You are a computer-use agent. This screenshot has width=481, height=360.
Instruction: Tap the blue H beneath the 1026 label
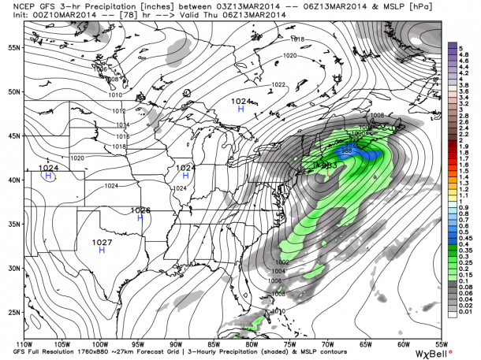(140, 218)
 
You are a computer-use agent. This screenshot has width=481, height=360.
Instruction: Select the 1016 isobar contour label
(121, 135)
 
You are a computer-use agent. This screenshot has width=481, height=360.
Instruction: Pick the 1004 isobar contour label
(289, 272)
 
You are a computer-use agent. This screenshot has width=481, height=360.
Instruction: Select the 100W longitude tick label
(99, 343)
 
